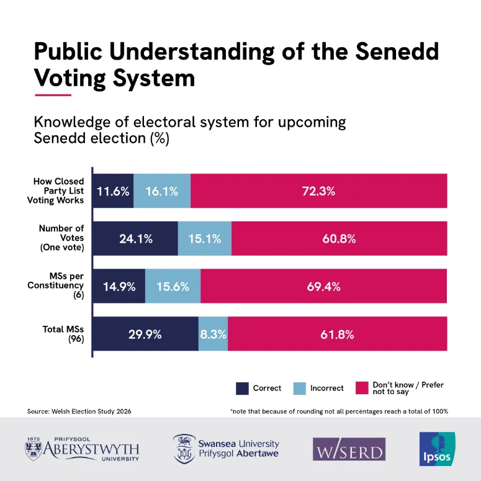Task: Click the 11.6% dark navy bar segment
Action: coord(113,191)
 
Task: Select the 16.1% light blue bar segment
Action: coord(162,191)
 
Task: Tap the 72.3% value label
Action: coord(319,191)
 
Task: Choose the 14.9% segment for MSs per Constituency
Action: coord(119,286)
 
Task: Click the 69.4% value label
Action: coord(324,286)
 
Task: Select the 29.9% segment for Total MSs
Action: coord(145,334)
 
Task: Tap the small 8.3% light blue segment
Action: coord(213,334)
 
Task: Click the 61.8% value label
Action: coord(337,334)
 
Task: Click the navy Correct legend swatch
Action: coord(242,389)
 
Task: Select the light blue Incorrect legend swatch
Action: coord(299,389)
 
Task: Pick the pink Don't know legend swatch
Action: coord(362,389)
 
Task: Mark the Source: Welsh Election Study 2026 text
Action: coord(79,411)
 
